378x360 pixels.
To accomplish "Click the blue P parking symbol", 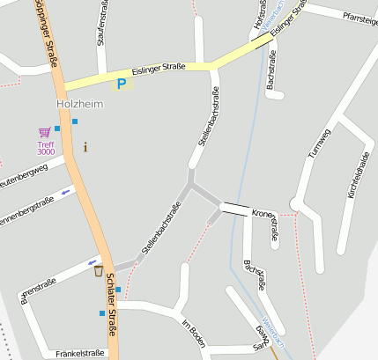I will pos(122,84).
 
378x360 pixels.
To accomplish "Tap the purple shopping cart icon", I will pos(44,133).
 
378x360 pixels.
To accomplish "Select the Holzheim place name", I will pos(78,104).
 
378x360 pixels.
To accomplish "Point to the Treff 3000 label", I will pos(46,148).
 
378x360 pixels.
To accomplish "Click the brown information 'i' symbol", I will pos(85,146).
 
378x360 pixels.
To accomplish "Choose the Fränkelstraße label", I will pos(79,353).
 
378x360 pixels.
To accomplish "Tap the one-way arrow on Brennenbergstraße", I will pos(65,191).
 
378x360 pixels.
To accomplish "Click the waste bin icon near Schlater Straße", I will pos(99,270).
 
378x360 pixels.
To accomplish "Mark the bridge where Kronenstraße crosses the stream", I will pos(234,209).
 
